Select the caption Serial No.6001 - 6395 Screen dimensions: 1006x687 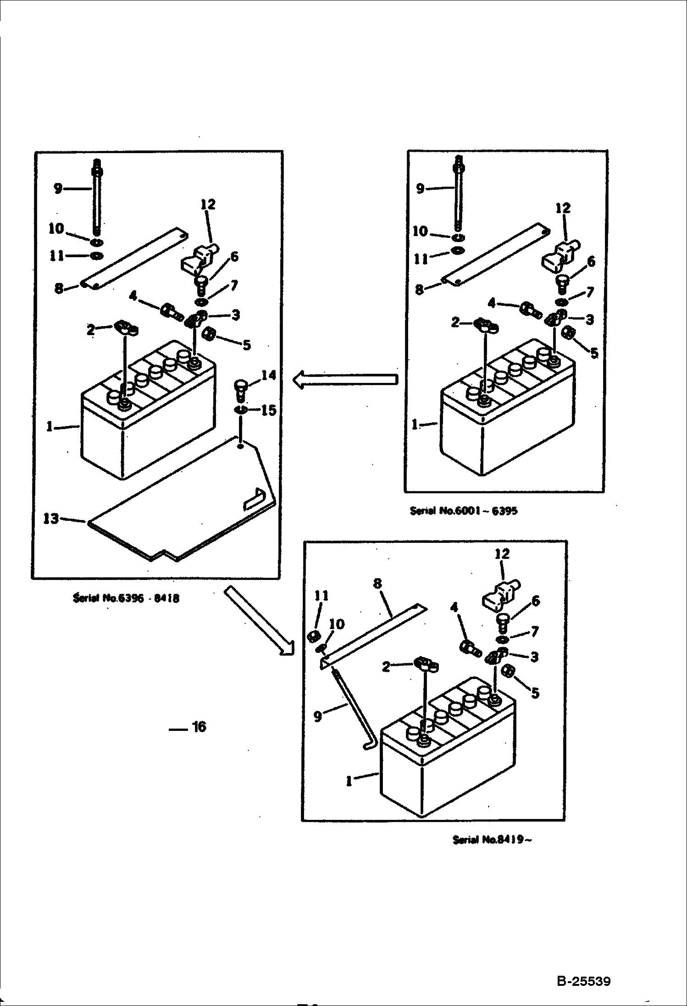point(464,511)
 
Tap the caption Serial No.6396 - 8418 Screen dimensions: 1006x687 point(126,598)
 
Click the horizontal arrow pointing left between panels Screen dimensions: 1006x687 point(345,380)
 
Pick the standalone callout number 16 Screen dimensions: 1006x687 point(199,726)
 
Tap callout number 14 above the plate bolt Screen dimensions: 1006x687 point(269,376)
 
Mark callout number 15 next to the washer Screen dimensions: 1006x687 point(269,410)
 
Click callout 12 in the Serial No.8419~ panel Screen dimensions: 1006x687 point(502,553)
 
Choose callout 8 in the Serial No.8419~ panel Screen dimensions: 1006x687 point(377,583)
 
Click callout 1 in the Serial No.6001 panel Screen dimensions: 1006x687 point(415,425)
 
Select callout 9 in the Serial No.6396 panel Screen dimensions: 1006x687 point(58,188)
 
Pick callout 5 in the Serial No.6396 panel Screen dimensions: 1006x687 point(246,345)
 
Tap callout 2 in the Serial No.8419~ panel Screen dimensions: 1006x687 point(386,666)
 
